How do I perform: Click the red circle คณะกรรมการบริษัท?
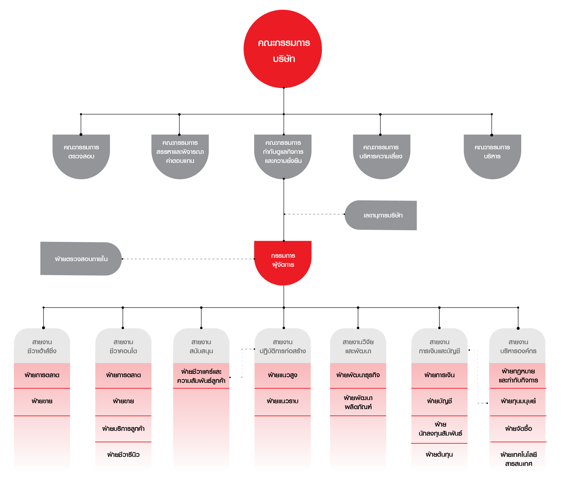[x=283, y=49]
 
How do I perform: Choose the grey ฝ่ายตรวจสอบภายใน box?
[x=81, y=259]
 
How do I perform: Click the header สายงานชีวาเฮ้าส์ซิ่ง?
[x=42, y=346]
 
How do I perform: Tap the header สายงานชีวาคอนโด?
[x=123, y=346]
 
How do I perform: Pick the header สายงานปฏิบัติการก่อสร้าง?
[x=283, y=346]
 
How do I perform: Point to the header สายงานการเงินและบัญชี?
[x=439, y=346]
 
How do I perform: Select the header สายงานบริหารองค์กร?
[x=518, y=346]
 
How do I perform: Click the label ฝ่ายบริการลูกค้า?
[x=123, y=429]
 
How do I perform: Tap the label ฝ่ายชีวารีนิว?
[x=123, y=455]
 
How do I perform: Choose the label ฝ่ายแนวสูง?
[x=283, y=375]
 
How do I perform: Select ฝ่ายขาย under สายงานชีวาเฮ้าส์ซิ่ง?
[x=42, y=401]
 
